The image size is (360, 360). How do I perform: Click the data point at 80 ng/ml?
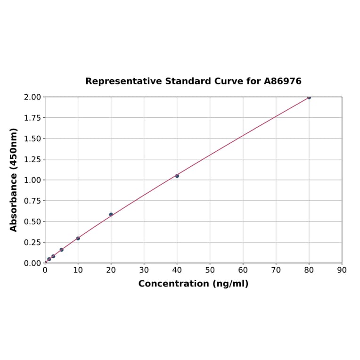(309, 97)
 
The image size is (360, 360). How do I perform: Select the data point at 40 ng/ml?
(177, 176)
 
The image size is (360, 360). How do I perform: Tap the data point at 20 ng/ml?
(111, 214)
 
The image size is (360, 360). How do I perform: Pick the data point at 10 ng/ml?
(78, 238)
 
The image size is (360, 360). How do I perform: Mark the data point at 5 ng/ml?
(61, 250)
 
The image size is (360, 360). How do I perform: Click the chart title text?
(193, 81)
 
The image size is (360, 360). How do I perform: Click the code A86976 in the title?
(282, 81)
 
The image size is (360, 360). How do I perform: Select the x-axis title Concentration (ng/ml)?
(193, 284)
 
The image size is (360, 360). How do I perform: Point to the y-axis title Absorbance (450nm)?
(14, 180)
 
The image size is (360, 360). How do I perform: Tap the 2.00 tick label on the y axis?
(32, 97)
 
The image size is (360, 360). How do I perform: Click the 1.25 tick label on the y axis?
(32, 159)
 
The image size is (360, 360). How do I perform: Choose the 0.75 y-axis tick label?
(32, 201)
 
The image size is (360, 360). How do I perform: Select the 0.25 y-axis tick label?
(32, 242)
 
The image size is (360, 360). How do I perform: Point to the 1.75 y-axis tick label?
(32, 118)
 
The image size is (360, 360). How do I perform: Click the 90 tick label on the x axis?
(342, 270)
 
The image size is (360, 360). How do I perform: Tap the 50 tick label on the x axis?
(210, 270)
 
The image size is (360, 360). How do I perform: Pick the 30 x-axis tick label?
(144, 270)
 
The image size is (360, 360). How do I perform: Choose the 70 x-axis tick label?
(276, 270)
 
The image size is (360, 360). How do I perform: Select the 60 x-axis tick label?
(243, 270)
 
